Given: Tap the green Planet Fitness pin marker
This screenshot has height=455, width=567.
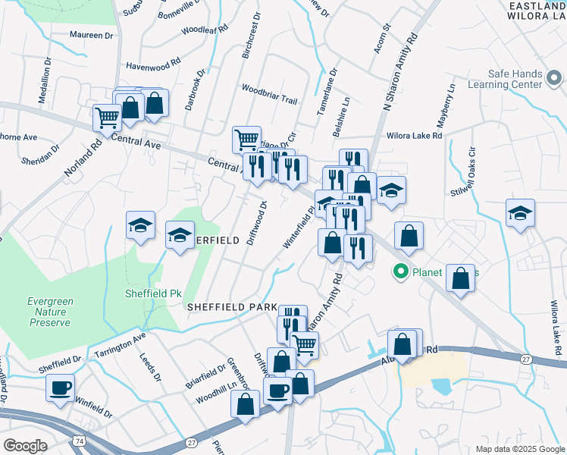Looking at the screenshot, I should click(x=401, y=271).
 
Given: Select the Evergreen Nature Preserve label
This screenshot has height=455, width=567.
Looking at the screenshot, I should click(x=50, y=312).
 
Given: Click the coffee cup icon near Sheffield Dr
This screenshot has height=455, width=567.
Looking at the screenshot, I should click(x=60, y=388).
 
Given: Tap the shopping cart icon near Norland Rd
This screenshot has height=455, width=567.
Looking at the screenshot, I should click(x=107, y=118).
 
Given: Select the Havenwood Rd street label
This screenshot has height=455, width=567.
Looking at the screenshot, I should click(x=153, y=65).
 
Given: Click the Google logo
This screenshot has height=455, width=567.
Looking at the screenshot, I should click(x=26, y=446).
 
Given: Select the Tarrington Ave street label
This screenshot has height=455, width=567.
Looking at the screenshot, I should click(x=117, y=346).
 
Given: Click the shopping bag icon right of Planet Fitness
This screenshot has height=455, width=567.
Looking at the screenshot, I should click(x=460, y=278).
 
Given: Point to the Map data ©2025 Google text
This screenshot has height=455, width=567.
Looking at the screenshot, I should click(x=520, y=449).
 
